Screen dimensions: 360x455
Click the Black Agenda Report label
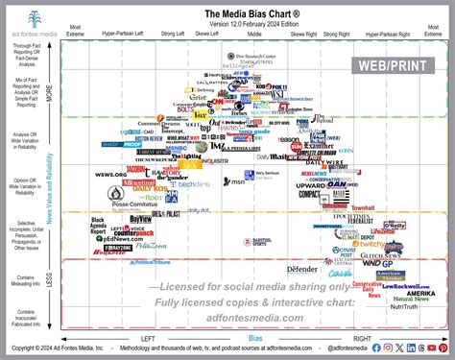click(98, 227)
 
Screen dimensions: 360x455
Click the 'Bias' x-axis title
click(254, 338)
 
